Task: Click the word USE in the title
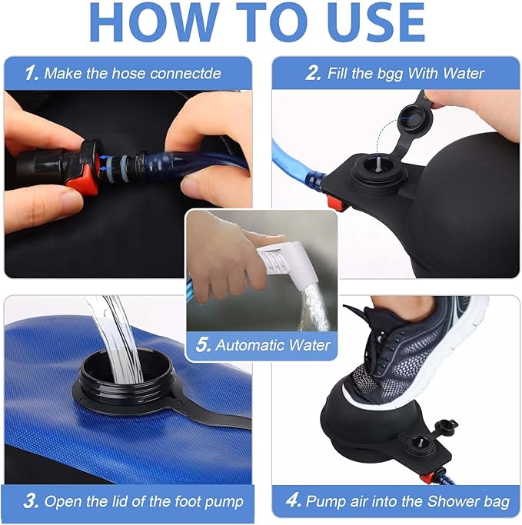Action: pyautogui.click(x=377, y=22)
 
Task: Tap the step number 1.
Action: pyautogui.click(x=31, y=74)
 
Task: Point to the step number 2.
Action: pyautogui.click(x=312, y=74)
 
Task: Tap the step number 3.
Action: pyautogui.click(x=31, y=502)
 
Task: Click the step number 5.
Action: pyautogui.click(x=203, y=344)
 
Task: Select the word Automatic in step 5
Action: pyautogui.click(x=249, y=344)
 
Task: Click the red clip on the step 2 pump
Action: pyautogui.click(x=334, y=203)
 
